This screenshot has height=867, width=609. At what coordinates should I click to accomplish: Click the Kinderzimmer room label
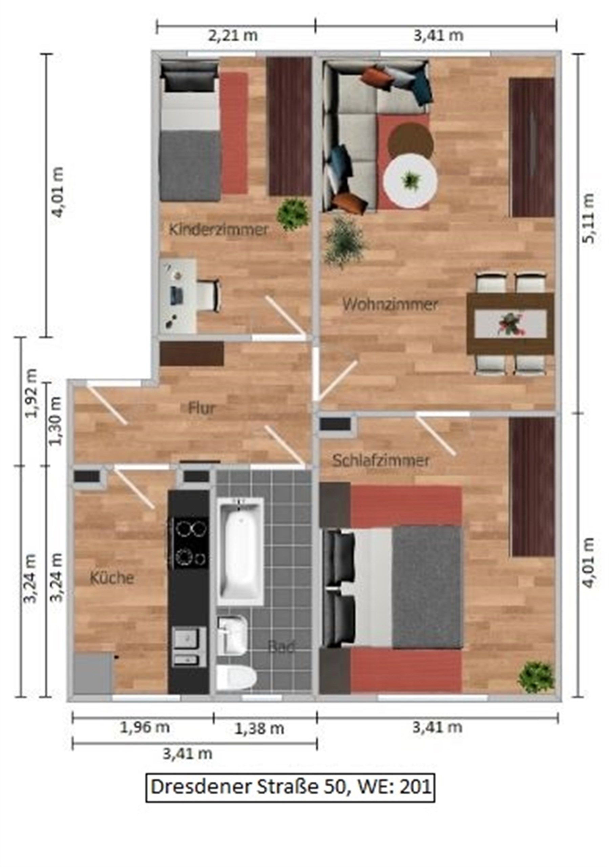pyautogui.click(x=218, y=229)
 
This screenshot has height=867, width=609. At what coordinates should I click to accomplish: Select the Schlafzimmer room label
pyautogui.click(x=381, y=460)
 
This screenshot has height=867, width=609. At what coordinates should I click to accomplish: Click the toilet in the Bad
pyautogui.click(x=236, y=678)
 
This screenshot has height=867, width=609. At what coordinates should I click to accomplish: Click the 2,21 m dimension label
pyautogui.click(x=233, y=36)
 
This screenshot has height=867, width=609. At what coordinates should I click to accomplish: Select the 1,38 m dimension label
pyautogui.click(x=259, y=728)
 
